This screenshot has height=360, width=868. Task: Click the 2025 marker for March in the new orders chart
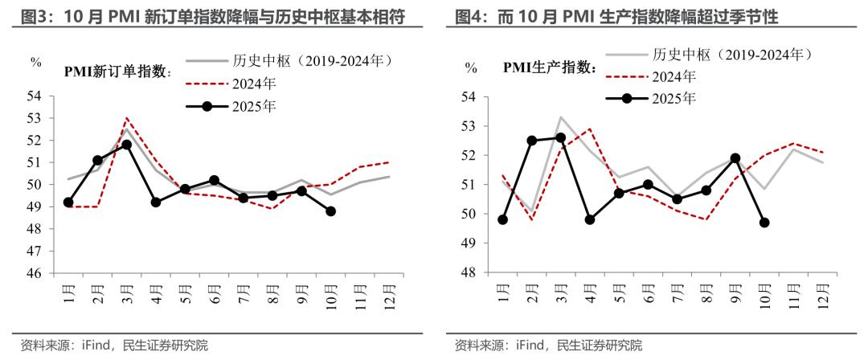click(126, 145)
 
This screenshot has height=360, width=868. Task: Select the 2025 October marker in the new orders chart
click(330, 211)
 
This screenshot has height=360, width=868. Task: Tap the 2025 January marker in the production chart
click(502, 219)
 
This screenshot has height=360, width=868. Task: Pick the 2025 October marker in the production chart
click(764, 223)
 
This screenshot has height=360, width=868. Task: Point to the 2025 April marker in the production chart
click(589, 219)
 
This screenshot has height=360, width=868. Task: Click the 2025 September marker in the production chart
click(735, 157)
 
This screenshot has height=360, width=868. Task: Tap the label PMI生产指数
click(550, 68)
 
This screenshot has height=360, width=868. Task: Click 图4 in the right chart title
click(469, 16)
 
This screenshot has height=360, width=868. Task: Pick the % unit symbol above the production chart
click(470, 69)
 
